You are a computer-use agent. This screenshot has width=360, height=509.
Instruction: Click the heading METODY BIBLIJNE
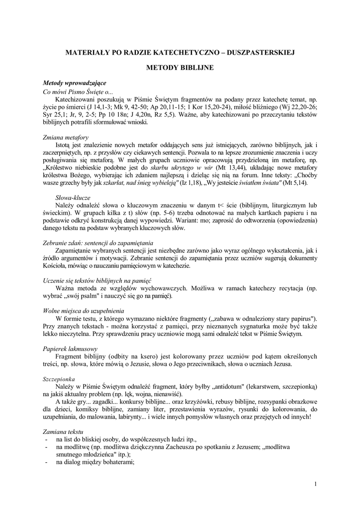[180, 66]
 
